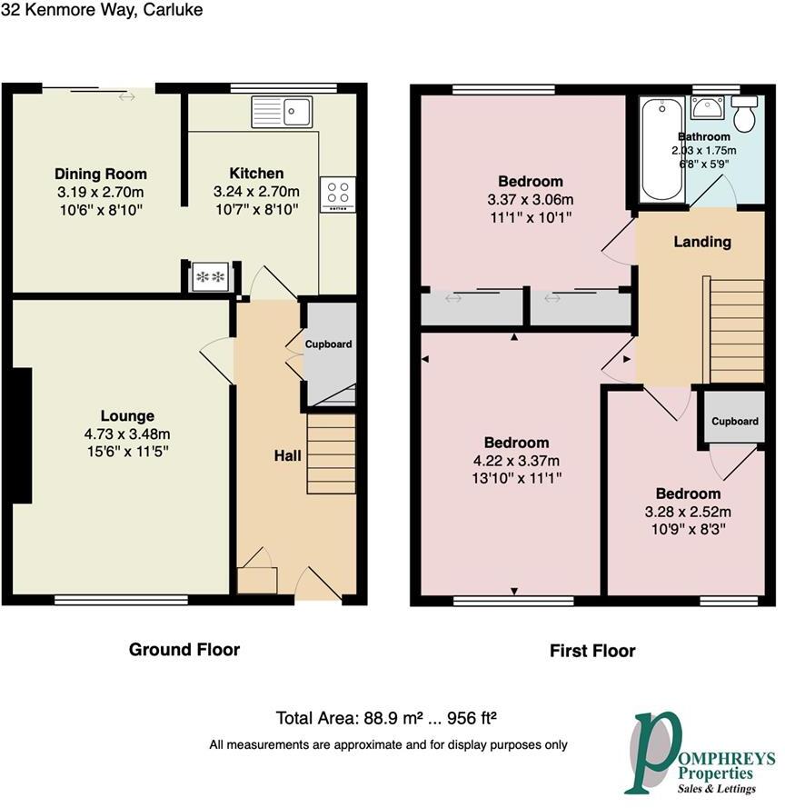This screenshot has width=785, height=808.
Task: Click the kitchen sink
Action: pyautogui.click(x=283, y=113)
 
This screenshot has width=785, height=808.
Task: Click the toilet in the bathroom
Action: pyautogui.click(x=747, y=115)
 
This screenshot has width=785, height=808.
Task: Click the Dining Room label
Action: pyautogui.click(x=100, y=175)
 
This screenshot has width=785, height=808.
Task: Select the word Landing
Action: pyautogui.click(x=701, y=242)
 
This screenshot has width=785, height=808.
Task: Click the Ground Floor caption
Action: pyautogui.click(x=184, y=649)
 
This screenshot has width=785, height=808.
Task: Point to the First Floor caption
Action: pyautogui.click(x=592, y=651)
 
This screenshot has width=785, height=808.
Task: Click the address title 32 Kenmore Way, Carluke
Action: pyautogui.click(x=102, y=10)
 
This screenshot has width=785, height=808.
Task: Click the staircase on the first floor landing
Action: pyautogui.click(x=734, y=331)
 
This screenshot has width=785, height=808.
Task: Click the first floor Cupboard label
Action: pyautogui.click(x=734, y=422)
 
